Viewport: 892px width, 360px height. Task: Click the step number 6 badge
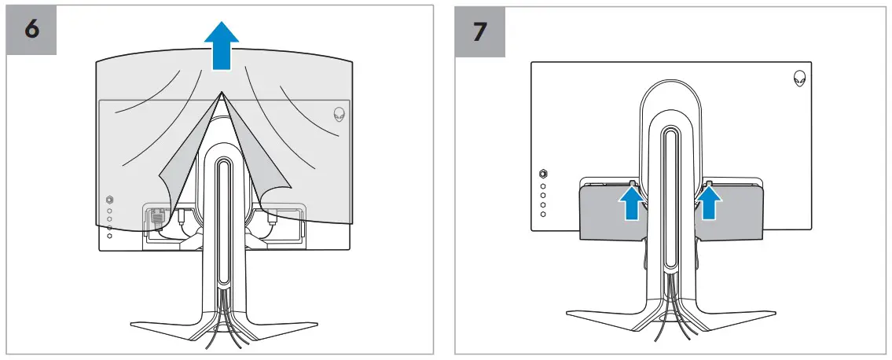(x=31, y=30)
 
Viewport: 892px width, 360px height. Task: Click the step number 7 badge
(x=480, y=30)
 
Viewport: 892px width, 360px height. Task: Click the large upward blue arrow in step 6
(x=222, y=45)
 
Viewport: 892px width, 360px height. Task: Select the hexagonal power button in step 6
(x=108, y=198)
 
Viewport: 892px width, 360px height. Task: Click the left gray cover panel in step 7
(x=605, y=212)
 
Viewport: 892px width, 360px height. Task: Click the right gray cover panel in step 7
(x=735, y=212)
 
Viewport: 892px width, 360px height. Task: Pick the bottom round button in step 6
(x=108, y=235)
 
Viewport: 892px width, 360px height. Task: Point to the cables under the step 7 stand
(x=670, y=326)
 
